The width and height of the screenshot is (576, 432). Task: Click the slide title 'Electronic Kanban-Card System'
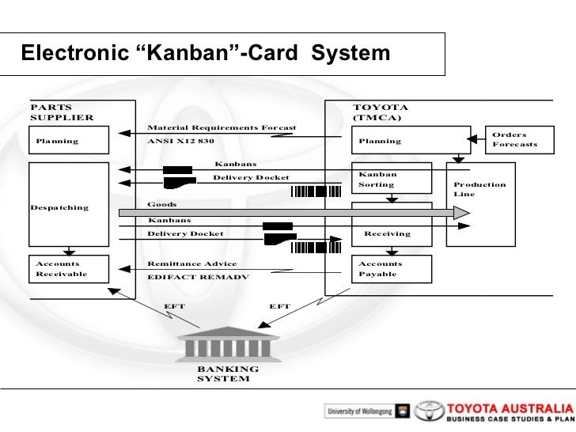tap(206, 54)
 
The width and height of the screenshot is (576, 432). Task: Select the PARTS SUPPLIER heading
tap(61, 112)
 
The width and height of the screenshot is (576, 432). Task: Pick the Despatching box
tap(71, 204)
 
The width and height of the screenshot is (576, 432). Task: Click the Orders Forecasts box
tap(517, 140)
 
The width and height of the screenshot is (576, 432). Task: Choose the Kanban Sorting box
tap(392, 179)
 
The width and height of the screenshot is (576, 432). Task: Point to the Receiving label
tap(388, 234)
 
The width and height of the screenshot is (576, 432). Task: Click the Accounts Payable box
tap(392, 269)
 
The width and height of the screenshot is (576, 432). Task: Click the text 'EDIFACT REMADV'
tap(198, 278)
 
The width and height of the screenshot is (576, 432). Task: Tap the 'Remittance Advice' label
tap(191, 263)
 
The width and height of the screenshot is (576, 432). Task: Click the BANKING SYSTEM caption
tap(228, 373)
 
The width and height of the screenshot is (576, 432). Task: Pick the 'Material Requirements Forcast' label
tap(222, 127)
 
